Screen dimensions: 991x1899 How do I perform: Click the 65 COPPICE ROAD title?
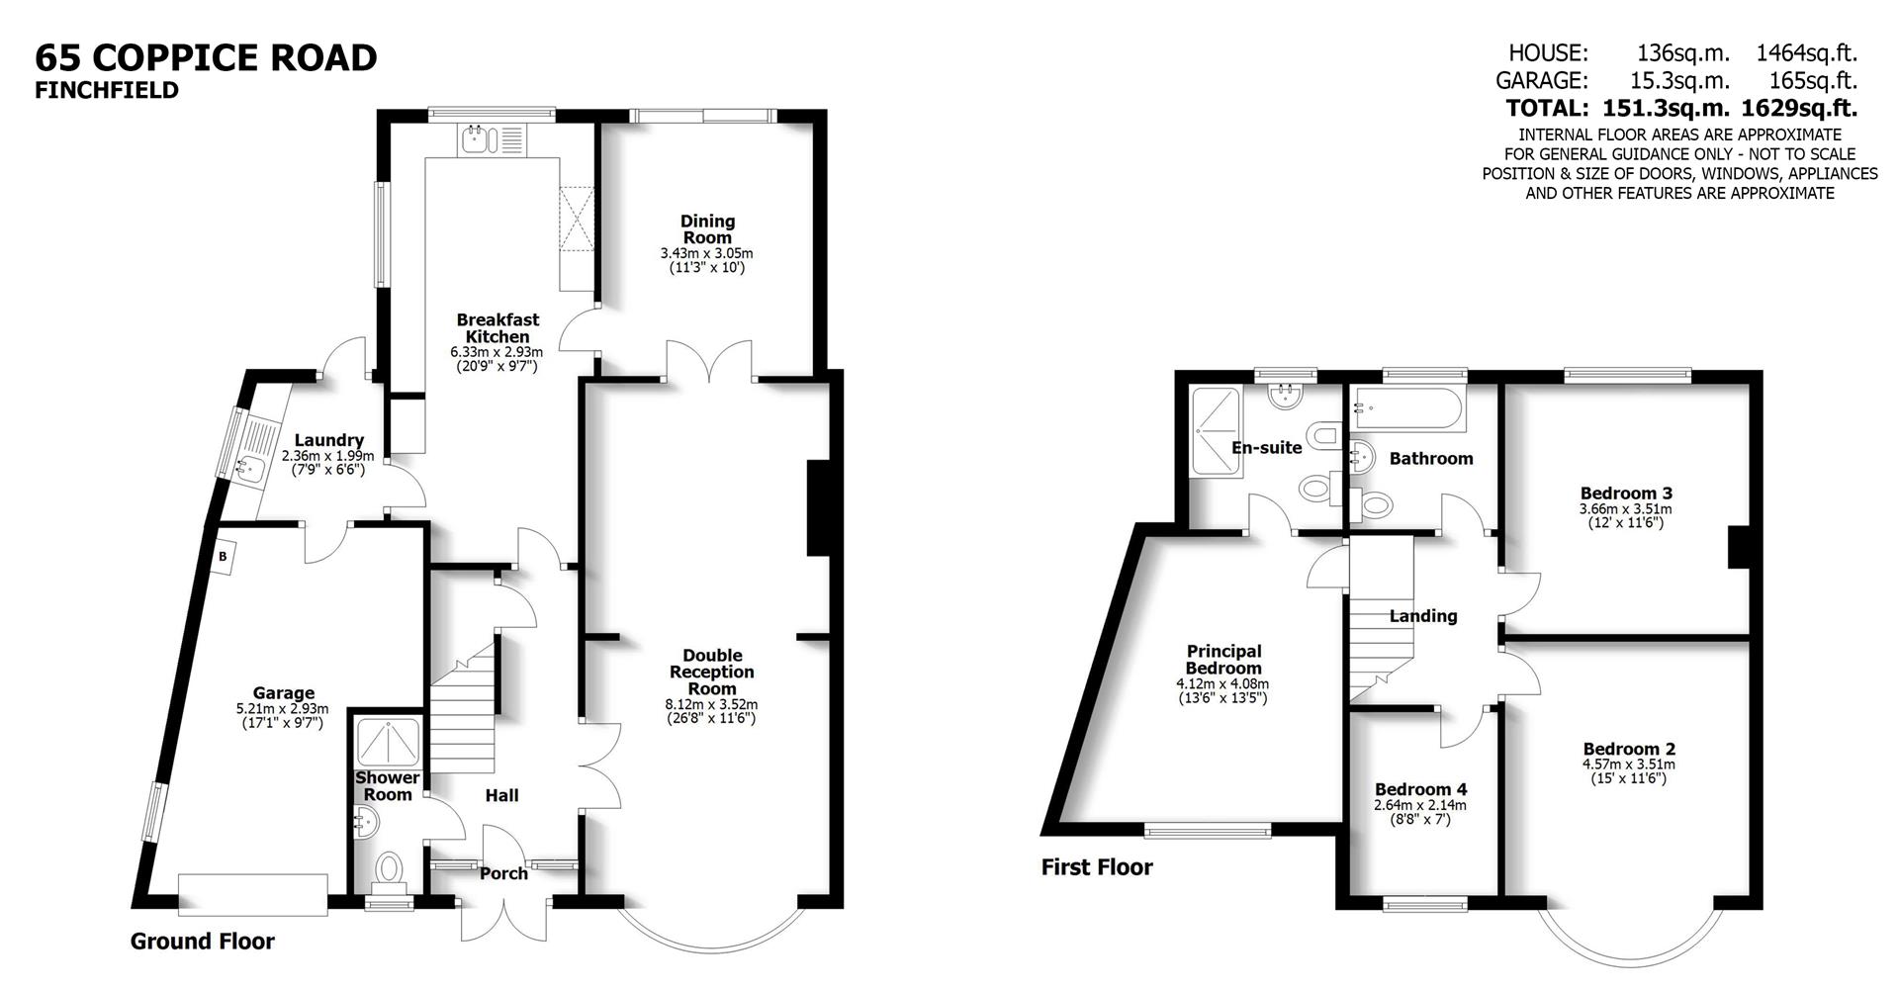pos(206,57)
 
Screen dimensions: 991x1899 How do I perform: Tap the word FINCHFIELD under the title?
pos(107,90)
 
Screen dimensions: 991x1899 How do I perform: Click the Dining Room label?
pos(707,229)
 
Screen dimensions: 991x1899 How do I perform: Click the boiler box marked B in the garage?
pos(224,557)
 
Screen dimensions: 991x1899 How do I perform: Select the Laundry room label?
pos(329,440)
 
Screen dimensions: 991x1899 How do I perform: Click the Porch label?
pos(503,873)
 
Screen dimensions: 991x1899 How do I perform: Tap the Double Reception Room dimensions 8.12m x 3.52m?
pos(711,704)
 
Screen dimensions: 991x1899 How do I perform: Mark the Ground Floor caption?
pos(202,942)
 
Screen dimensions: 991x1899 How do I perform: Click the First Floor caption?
pos(1096,867)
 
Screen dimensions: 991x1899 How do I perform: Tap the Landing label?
pos(1423,616)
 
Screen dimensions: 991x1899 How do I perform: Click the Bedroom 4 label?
pos(1420,789)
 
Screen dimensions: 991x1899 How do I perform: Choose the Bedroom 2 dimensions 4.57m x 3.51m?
pos(1628,765)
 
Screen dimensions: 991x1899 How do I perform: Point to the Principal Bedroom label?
pos(1223,660)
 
